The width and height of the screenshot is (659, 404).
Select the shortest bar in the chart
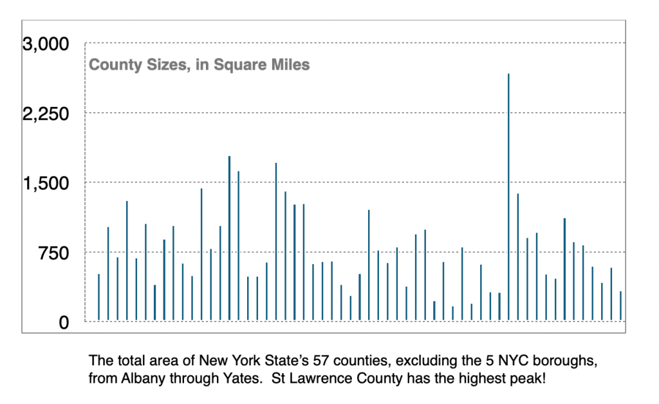click(x=452, y=313)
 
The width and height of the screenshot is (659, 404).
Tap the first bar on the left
click(x=98, y=297)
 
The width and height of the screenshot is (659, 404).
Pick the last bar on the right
click(x=620, y=305)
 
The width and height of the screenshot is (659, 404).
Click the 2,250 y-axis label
click(x=45, y=113)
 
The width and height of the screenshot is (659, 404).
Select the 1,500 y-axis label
click(x=45, y=183)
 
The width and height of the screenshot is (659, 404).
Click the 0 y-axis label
click(x=63, y=322)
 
